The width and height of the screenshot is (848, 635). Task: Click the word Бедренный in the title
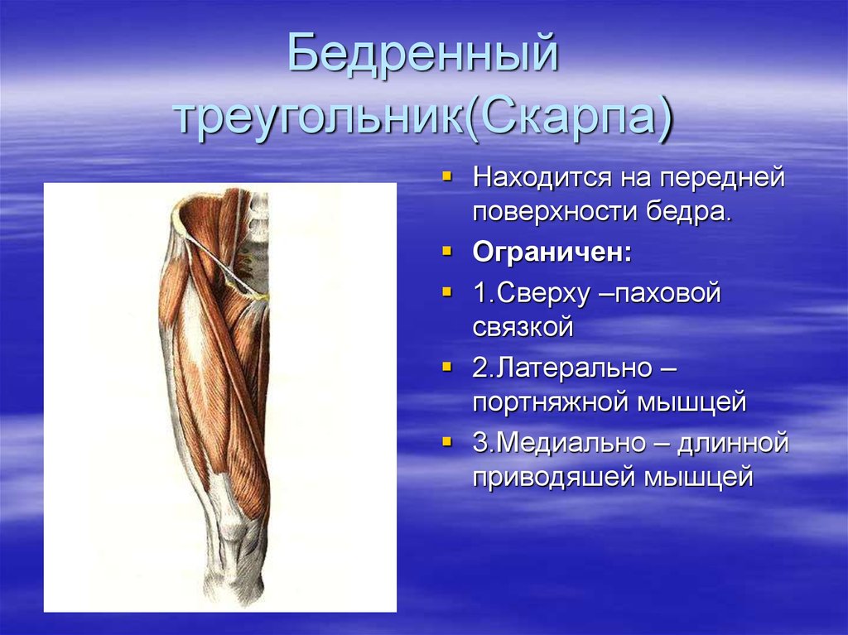[422, 53]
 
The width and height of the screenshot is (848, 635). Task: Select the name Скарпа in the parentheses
[562, 115]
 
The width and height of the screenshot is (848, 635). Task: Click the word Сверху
[542, 294]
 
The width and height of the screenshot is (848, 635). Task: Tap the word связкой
[523, 327]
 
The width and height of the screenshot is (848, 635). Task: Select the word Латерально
[574, 368]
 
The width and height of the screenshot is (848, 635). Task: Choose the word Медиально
[573, 442]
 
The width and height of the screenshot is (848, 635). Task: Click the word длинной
[733, 444]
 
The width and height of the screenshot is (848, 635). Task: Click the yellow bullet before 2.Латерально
[446, 367]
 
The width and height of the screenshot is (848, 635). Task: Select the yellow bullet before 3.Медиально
[446, 441]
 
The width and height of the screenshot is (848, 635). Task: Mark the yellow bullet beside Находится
[446, 176]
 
